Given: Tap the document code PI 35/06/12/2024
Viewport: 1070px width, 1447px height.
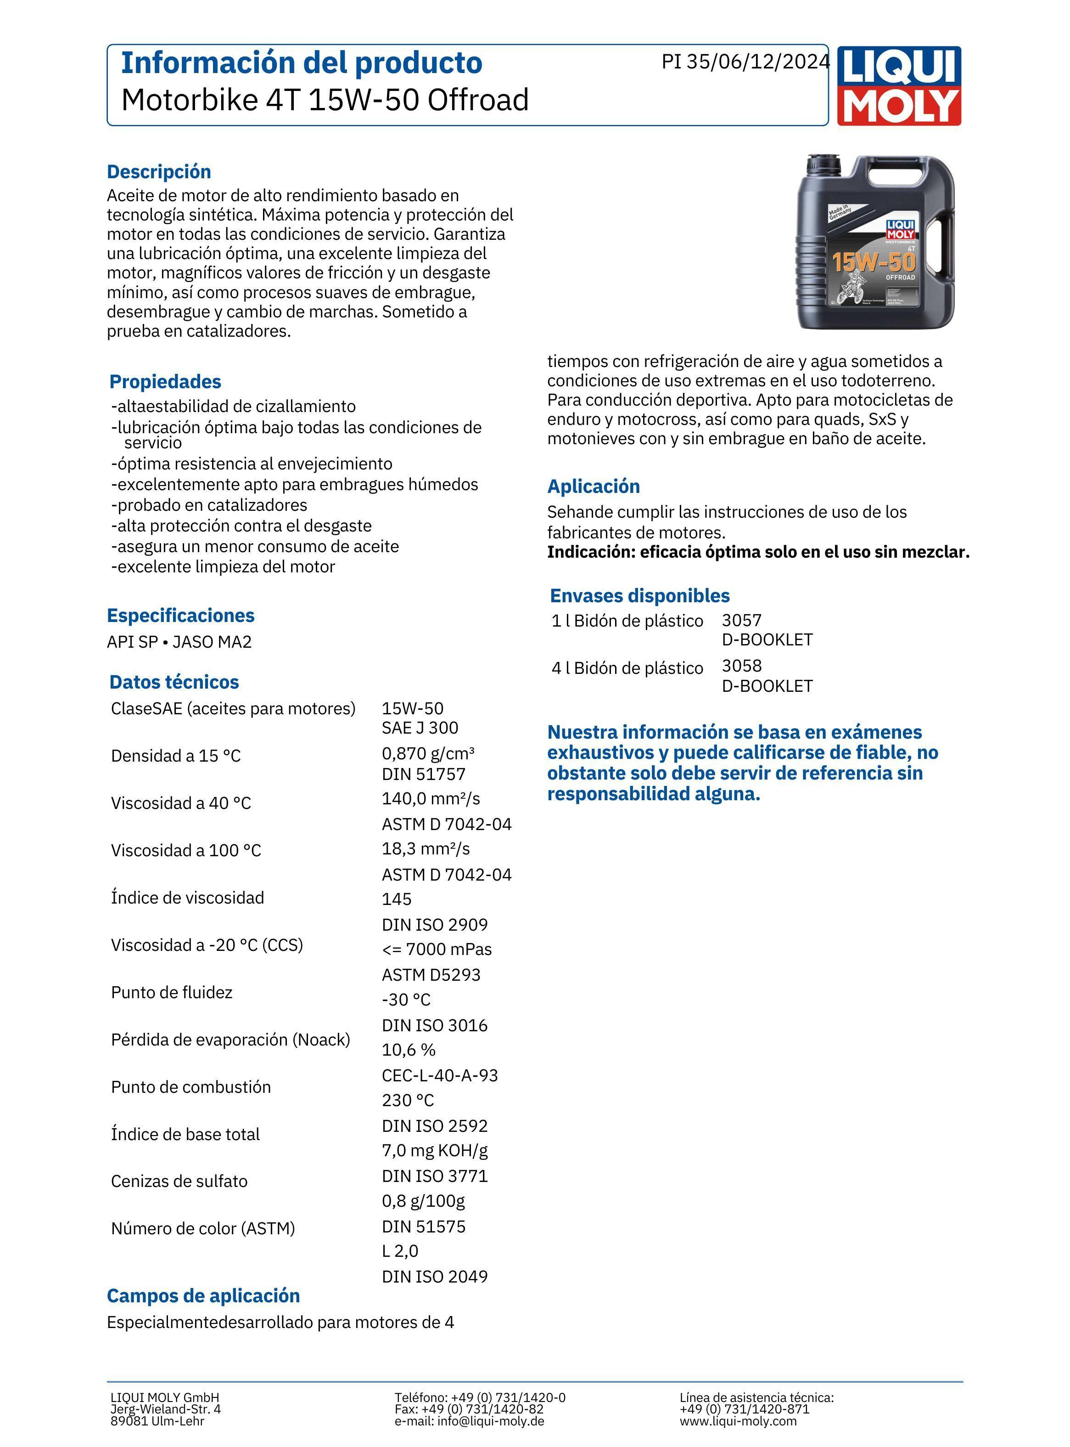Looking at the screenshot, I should (745, 62).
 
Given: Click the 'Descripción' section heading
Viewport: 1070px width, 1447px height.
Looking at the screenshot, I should (159, 172).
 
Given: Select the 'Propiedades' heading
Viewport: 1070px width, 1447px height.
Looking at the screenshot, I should (165, 382).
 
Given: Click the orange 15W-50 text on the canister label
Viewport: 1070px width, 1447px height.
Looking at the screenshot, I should (873, 262).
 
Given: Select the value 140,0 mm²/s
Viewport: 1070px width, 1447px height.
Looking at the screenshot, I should (431, 798).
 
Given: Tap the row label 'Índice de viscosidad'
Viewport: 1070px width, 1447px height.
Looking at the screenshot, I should (187, 898).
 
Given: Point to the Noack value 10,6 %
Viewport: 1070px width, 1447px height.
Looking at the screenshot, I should (409, 1049).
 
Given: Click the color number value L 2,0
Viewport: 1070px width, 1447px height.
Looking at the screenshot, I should (400, 1251).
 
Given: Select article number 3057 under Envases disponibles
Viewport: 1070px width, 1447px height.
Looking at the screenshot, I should (742, 620).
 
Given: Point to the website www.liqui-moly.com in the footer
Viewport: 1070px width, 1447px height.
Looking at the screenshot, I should (738, 1421).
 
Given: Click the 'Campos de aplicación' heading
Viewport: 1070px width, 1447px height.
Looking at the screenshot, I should (203, 1295).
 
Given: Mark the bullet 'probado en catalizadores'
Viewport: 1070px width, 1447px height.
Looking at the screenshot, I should (209, 505).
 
